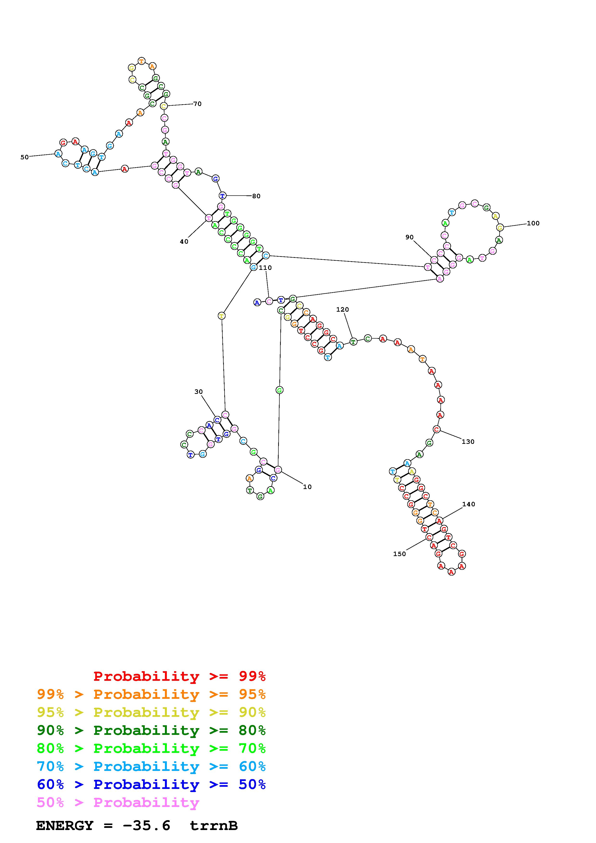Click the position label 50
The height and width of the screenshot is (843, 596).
click(x=24, y=157)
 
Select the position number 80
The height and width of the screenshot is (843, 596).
click(x=256, y=196)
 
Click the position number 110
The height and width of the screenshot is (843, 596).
click(x=265, y=268)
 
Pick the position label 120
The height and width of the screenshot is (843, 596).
click(x=342, y=310)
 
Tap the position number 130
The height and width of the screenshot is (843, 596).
click(x=468, y=442)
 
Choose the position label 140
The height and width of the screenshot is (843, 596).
click(x=469, y=504)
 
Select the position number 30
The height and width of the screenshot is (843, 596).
click(x=198, y=392)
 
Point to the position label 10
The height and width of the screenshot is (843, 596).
click(x=307, y=487)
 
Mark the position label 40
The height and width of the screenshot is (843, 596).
click(x=184, y=242)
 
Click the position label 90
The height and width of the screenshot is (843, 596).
click(x=409, y=237)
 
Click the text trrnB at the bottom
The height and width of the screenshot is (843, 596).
click(x=214, y=825)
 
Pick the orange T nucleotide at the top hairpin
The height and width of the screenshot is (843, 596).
click(x=142, y=61)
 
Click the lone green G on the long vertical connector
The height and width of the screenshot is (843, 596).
click(x=279, y=390)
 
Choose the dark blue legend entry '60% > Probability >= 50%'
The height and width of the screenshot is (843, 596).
click(x=151, y=784)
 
